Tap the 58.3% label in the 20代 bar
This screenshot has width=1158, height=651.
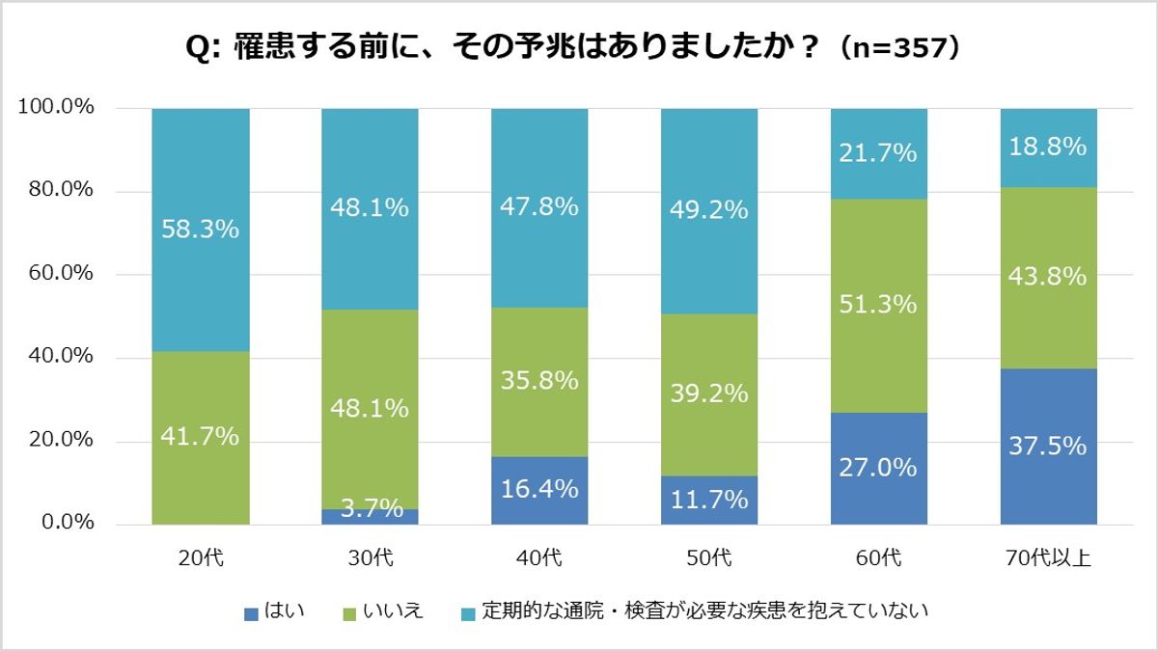[201, 230]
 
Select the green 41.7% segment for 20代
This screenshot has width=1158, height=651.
[201, 437]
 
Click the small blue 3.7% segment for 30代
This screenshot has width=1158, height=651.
[370, 516]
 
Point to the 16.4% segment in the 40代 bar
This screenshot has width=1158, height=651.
[539, 490]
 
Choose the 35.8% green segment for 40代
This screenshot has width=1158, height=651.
[539, 380]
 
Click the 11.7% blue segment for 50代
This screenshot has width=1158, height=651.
[709, 500]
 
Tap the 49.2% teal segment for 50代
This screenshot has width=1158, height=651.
[709, 210]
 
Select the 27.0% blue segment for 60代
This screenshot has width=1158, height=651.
[878, 468]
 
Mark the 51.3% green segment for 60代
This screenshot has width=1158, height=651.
[878, 305]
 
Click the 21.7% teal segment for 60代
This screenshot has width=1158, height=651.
[878, 152]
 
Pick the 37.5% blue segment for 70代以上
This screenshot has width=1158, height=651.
[1048, 447]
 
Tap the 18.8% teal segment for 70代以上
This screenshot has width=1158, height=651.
[1048, 147]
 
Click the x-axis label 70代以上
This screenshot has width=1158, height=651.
[1048, 557]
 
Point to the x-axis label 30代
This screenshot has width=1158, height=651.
[370, 557]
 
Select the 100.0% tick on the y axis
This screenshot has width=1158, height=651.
[56, 107]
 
